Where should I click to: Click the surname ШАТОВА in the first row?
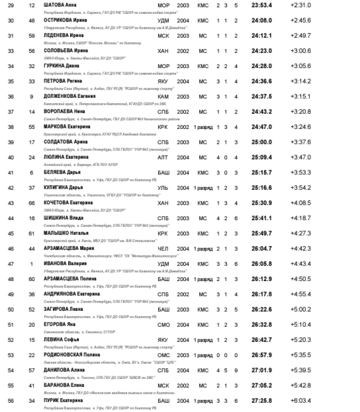click(54, 5)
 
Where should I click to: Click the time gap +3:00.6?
click(300, 51)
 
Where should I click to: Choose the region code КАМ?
click(163, 96)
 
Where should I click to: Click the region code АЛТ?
click(163, 157)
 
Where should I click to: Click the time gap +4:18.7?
click(300, 218)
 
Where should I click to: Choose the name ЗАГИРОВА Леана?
click(62, 309)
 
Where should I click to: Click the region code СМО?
click(163, 325)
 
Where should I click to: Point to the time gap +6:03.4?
click(300, 401)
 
